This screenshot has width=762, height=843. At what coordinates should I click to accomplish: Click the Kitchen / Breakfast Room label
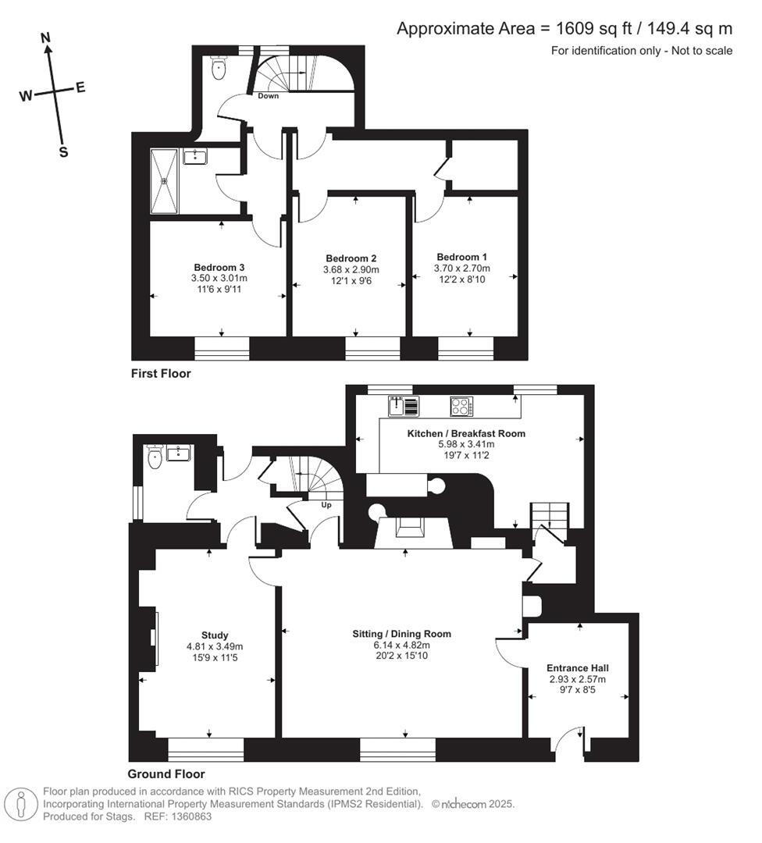[x=466, y=433]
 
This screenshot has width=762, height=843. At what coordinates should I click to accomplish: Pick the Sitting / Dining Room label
[x=401, y=634]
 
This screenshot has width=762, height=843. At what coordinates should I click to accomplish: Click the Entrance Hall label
[x=577, y=668]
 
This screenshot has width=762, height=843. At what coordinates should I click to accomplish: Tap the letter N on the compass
[x=46, y=37]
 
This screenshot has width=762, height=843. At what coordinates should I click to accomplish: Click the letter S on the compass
[x=63, y=152]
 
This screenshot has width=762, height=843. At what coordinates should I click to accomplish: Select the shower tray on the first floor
[x=165, y=181]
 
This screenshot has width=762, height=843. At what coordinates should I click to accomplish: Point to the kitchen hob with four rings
[x=461, y=407]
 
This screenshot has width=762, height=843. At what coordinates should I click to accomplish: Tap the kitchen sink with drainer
[x=404, y=407]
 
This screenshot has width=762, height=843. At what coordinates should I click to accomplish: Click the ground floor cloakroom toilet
[x=155, y=458]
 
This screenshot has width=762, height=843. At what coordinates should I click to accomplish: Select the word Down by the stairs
[x=269, y=96]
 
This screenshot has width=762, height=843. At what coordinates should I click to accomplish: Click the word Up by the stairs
[x=327, y=505]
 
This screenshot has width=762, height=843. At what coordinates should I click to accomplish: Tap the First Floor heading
[x=161, y=374]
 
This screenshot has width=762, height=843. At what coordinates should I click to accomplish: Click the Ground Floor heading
[x=166, y=774]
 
